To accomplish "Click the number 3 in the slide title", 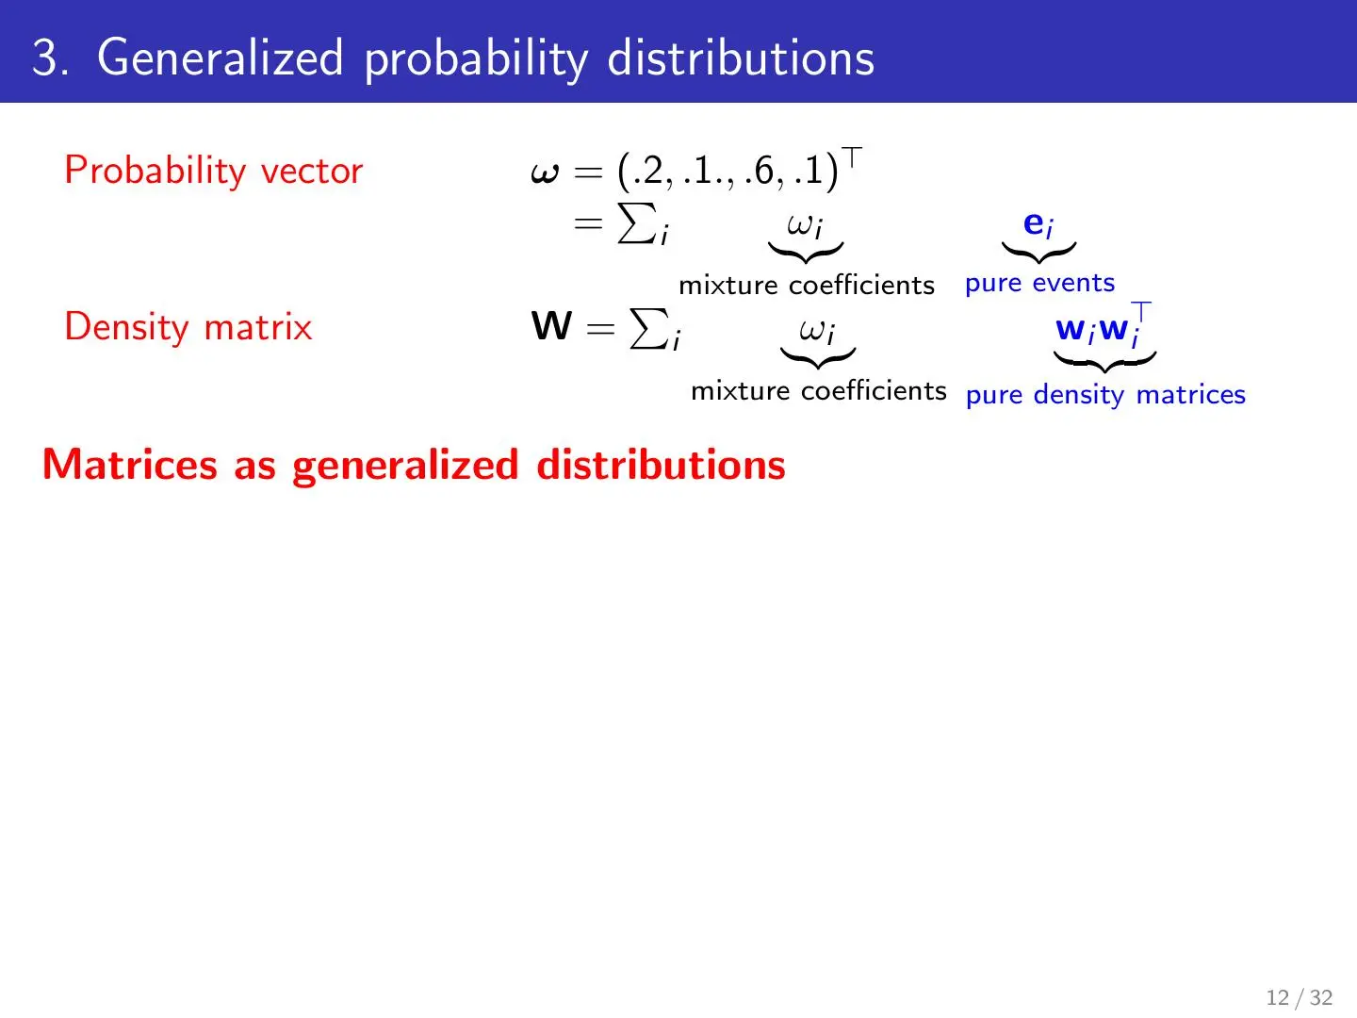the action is [x=46, y=57].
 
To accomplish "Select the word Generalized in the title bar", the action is [x=221, y=57].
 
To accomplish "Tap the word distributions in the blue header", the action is [x=741, y=57].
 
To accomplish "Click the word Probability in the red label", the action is [x=155, y=171].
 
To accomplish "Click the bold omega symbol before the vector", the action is [x=545, y=172].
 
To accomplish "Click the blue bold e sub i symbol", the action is [x=1038, y=224].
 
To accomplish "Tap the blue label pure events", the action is [x=1039, y=284].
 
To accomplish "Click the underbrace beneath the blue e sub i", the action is [x=1038, y=253].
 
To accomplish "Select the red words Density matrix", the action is [x=188, y=327].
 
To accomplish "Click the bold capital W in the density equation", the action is [x=551, y=326].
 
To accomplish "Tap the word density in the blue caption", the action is [x=1079, y=395].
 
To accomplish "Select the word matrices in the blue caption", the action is [x=1191, y=394].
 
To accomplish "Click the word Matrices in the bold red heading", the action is [x=130, y=464].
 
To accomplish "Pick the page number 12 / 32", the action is [x=1299, y=997].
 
